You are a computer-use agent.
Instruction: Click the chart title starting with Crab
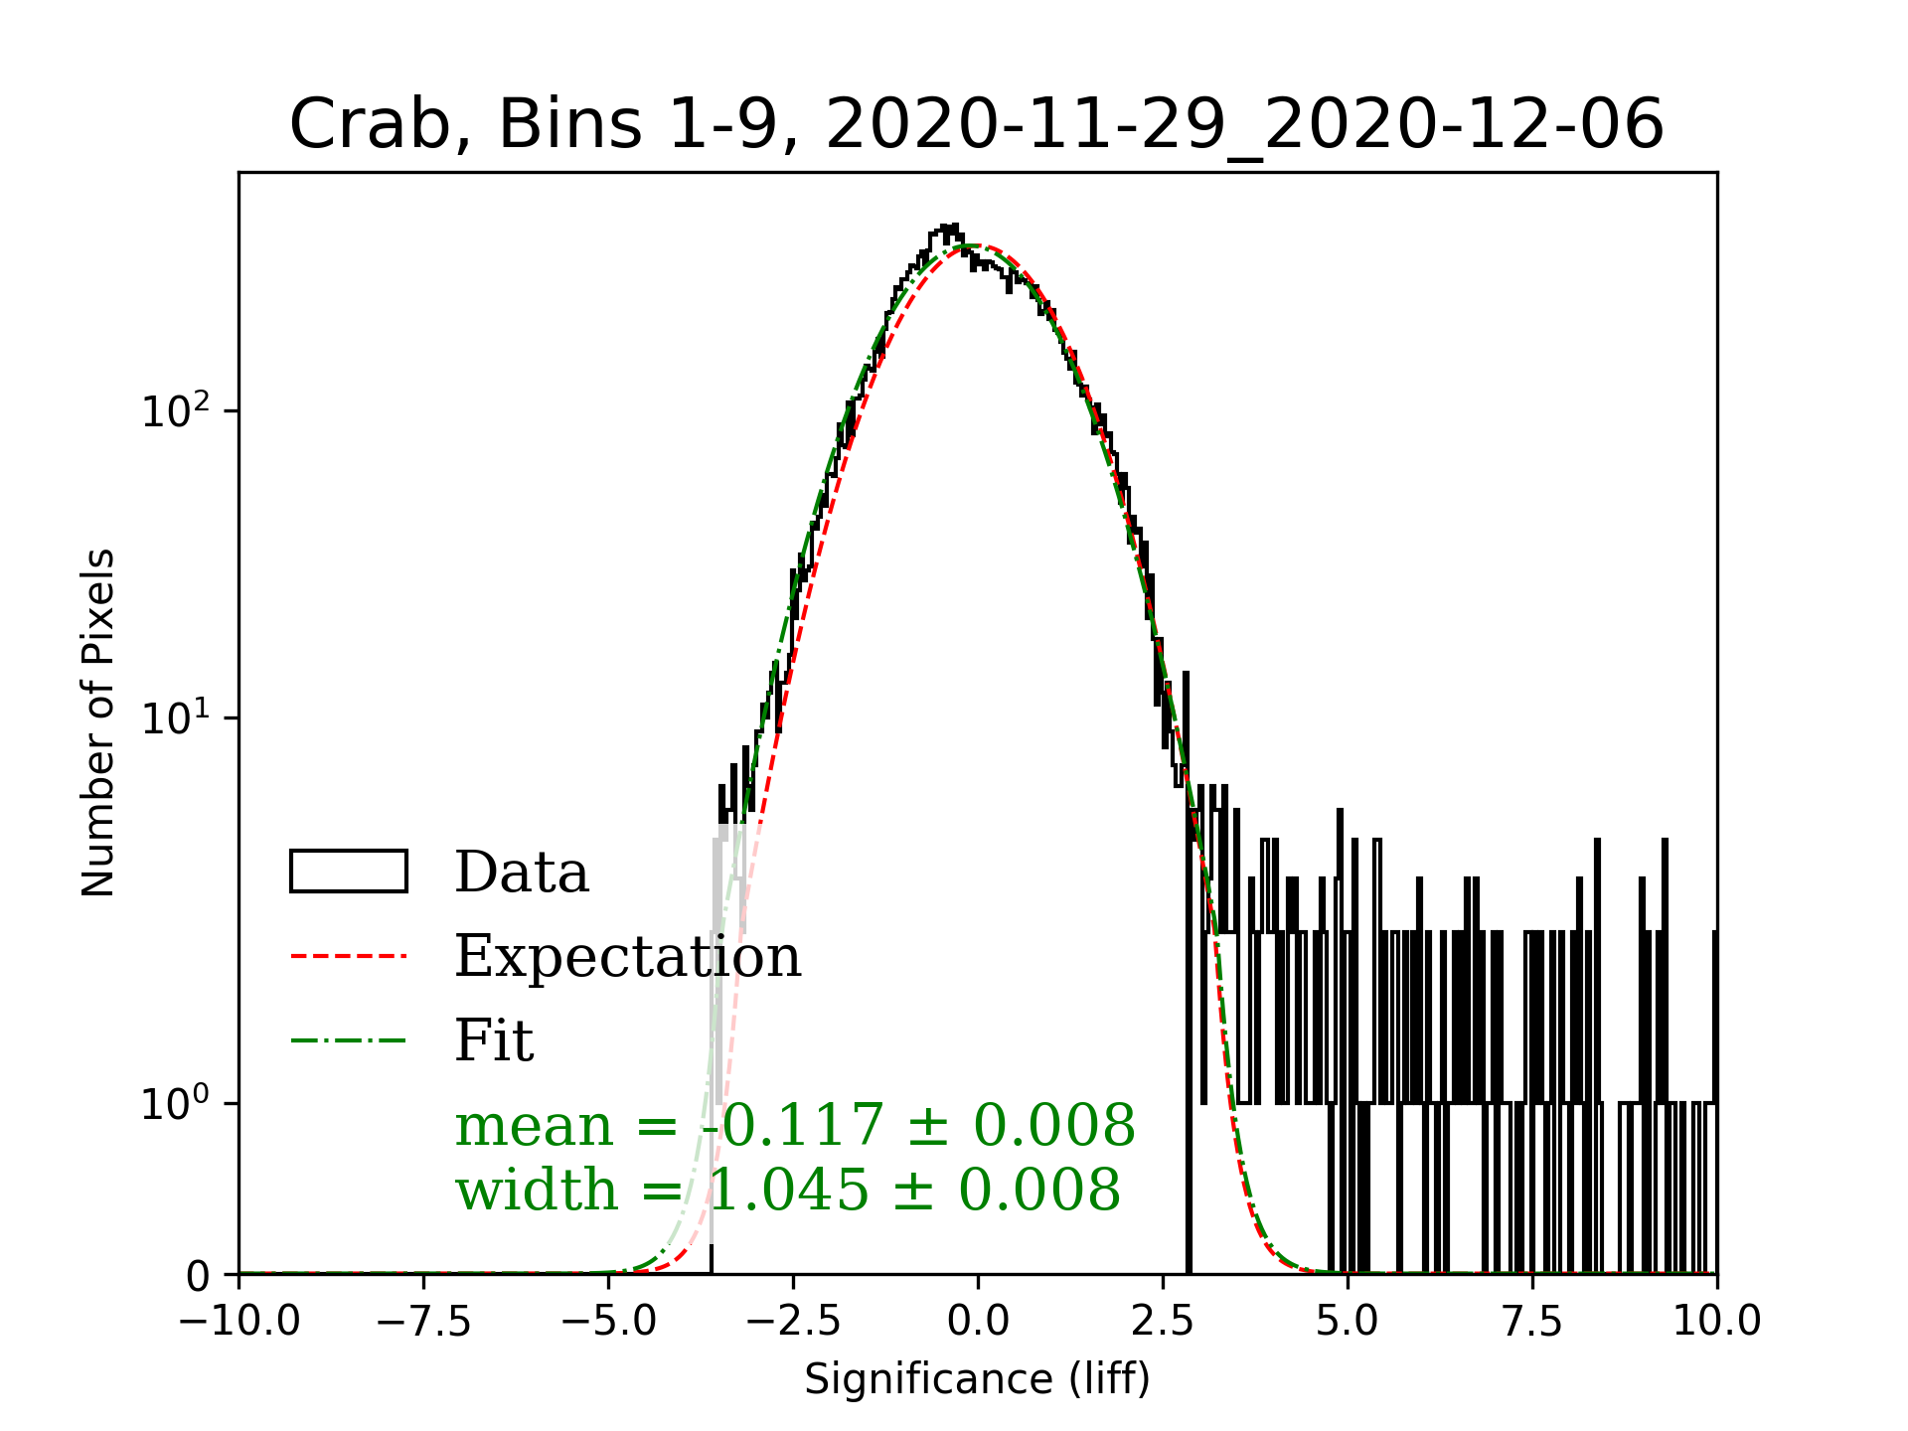[976, 125]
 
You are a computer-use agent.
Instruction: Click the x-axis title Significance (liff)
[977, 1379]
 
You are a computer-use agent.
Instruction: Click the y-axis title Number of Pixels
[98, 722]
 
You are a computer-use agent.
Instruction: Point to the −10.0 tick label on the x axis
[238, 1322]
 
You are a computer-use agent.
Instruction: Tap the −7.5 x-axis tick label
[423, 1322]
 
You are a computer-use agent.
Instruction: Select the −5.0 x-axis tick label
[608, 1322]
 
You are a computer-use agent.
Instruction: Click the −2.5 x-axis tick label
[793, 1322]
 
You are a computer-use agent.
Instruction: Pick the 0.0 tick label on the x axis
[978, 1322]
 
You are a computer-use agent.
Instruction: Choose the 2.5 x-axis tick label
[1163, 1322]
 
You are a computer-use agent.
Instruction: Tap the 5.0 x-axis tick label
[1348, 1322]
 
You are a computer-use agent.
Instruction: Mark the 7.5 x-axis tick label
[1532, 1322]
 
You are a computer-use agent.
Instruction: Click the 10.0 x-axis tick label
[1717, 1322]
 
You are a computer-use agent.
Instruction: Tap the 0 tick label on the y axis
[198, 1276]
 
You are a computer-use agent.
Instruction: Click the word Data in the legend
[522, 873]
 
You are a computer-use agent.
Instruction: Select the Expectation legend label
[628, 956]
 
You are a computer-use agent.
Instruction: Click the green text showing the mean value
[795, 1125]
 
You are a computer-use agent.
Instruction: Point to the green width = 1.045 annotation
[788, 1190]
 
